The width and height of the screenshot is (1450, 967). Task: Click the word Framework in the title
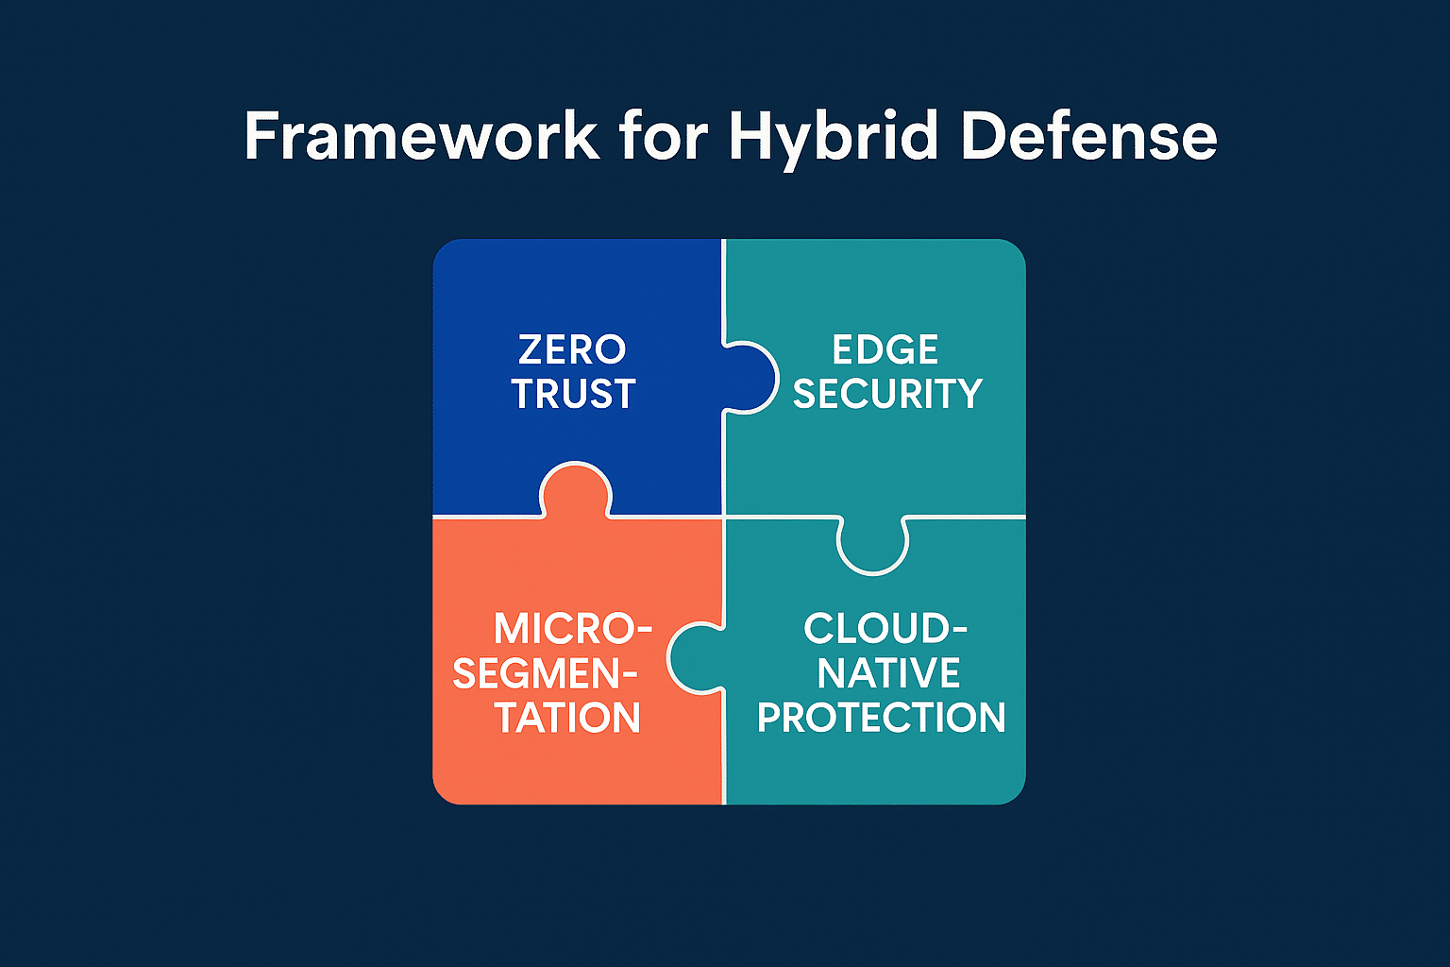[422, 135]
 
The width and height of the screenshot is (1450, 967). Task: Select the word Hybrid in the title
[834, 140]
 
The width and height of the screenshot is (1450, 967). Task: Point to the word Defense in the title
[1089, 135]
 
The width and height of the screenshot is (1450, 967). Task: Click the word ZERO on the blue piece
[572, 349]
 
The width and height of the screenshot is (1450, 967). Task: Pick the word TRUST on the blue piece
[574, 393]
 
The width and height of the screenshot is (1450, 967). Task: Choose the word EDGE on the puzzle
[885, 349]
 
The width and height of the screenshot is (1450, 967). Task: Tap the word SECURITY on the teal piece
[887, 393]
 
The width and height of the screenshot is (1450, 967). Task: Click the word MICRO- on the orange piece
[573, 628]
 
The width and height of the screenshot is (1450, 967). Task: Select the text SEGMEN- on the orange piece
[545, 673]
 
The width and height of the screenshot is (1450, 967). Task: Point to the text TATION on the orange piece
[567, 718]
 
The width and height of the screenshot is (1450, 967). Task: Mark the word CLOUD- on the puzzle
[885, 628]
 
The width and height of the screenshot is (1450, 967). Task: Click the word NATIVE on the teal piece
[888, 673]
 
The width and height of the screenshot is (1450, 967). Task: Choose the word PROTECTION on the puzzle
[881, 718]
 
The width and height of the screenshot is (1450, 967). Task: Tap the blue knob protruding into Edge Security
[750, 377]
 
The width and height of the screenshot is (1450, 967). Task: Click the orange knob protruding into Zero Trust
[575, 490]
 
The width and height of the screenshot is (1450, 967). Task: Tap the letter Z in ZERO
[530, 349]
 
